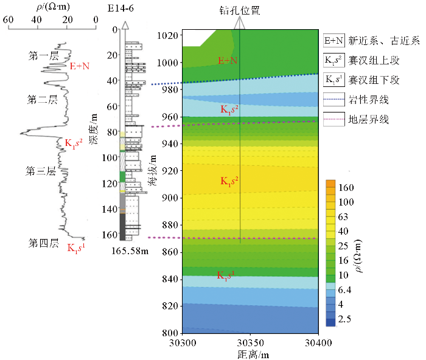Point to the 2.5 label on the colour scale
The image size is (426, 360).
pos(345,319)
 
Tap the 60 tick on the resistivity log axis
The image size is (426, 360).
pos(9,19)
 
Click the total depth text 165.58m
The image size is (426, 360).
pos(130,251)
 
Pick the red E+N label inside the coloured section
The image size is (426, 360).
pos(228,61)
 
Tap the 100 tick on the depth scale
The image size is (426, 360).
pos(110,157)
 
